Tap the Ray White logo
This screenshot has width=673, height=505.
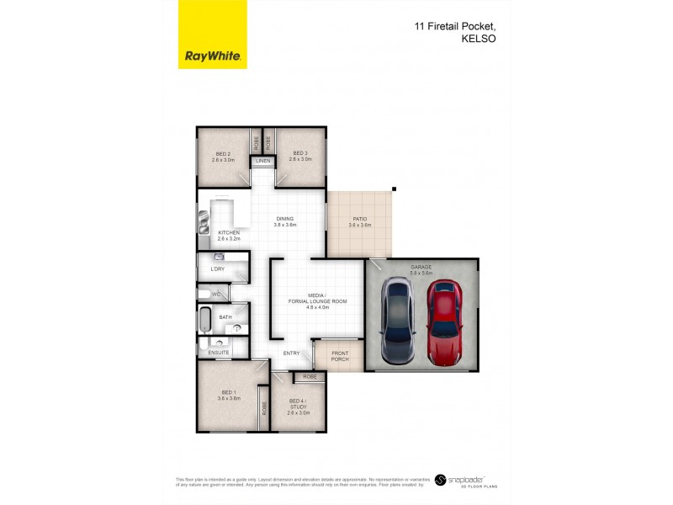pyautogui.click(x=213, y=56)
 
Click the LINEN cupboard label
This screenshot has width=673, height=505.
pyautogui.click(x=263, y=161)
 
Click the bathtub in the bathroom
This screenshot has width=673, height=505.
pyautogui.click(x=205, y=321)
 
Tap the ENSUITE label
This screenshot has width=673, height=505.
pyautogui.click(x=219, y=353)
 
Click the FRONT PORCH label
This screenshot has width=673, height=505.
pyautogui.click(x=339, y=356)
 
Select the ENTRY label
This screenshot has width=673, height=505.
pyautogui.click(x=291, y=353)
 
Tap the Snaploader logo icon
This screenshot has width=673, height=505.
pyautogui.click(x=440, y=481)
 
